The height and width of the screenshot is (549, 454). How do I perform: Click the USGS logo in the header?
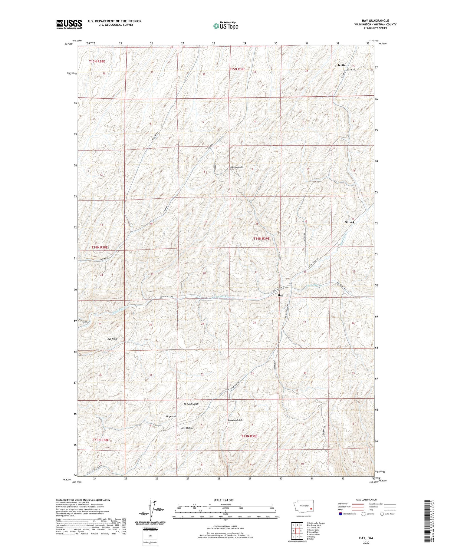(x=69, y=24)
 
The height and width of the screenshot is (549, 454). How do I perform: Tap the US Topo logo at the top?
(x=225, y=26)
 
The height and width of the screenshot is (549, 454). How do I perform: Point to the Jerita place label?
(x=341, y=65)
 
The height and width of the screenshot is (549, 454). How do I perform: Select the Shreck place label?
(x=350, y=222)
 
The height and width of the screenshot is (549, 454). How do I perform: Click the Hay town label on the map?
(x=280, y=295)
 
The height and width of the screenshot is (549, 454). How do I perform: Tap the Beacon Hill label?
(x=237, y=167)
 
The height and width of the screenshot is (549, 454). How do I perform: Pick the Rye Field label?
(x=112, y=339)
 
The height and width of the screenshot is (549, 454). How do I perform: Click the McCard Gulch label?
(x=191, y=404)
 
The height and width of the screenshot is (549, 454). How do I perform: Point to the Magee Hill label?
(x=171, y=416)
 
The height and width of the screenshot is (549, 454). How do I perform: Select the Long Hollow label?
(x=187, y=428)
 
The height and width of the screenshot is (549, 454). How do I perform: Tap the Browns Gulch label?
(x=235, y=420)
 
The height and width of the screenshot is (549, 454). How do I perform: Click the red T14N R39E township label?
(x=261, y=239)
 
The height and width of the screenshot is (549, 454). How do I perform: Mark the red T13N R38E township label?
(x=101, y=440)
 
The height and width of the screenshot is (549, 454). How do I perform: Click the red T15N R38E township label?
(x=97, y=61)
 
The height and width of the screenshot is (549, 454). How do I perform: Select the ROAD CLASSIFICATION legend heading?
(x=366, y=500)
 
